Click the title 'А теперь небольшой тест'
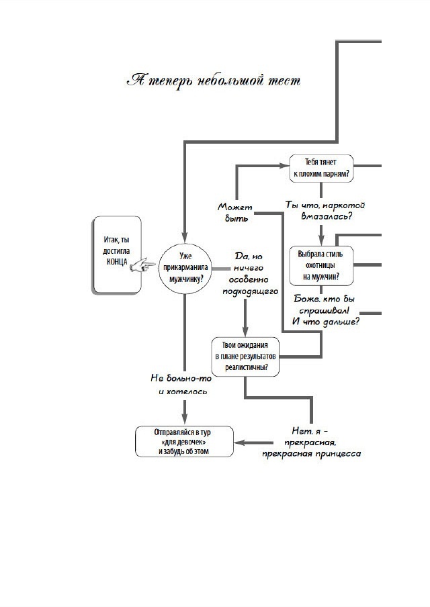pos(214,81)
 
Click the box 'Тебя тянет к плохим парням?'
pos(320,167)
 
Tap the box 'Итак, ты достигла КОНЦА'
pos(118,254)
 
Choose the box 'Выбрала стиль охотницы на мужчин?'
pos(320,265)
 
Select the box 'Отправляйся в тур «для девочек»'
pos(185,442)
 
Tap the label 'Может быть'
pos(234,212)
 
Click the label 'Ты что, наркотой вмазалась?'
pos(325,210)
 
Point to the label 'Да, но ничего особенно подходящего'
pos(251,274)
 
